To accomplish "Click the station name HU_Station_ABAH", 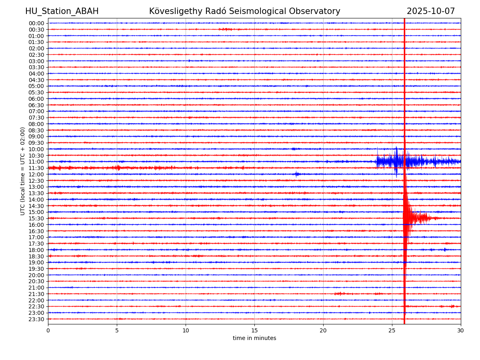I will [62, 11].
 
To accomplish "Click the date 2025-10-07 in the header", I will [431, 11].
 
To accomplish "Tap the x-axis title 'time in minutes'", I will [254, 338].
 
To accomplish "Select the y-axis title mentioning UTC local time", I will [23, 171].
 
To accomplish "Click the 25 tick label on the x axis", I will [392, 331].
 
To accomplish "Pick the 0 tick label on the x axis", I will [48, 331].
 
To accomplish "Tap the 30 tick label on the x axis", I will [461, 331].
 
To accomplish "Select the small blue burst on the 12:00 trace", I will [296, 174].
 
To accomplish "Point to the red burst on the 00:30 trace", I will [225, 29].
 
